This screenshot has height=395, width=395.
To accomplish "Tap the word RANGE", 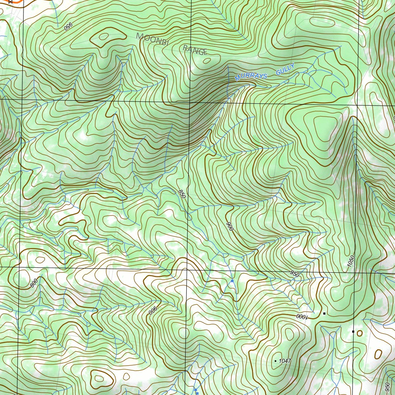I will pos(195,49).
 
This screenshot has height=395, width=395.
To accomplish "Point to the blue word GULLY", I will pos(285,69).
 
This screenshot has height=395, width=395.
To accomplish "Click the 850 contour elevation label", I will pos(182,194).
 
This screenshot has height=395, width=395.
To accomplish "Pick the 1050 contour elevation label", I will pos(351,263).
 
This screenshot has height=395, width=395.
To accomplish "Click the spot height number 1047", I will pos(285,361).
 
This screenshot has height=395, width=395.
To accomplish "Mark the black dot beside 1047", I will pos(275,361).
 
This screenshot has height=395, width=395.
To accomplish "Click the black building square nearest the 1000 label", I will pos(324,314).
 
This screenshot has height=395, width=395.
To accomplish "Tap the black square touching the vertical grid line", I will pos(353,331).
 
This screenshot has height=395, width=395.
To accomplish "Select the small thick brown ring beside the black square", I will pos(360,333).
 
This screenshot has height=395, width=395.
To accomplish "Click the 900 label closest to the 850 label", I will pos(230,226).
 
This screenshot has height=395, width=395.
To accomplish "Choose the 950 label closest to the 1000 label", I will pos(295,274).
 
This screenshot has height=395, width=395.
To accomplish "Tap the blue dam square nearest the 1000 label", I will pos(232,281).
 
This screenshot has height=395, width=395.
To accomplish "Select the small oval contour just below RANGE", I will pos(207,60).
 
